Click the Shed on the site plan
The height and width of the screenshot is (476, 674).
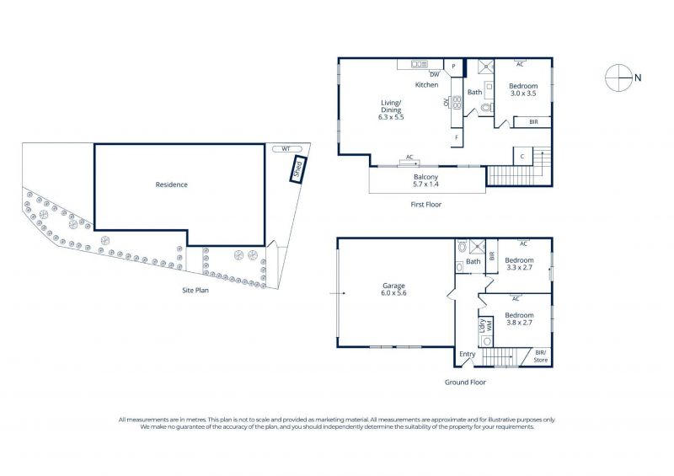click(x=298, y=169)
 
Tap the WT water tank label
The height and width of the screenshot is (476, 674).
click(x=286, y=149)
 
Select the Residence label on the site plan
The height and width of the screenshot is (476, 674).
click(x=172, y=185)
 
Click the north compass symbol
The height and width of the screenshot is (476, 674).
click(x=619, y=78)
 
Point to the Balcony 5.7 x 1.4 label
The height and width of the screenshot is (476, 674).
click(x=426, y=180)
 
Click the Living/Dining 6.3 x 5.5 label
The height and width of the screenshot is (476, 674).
click(x=391, y=110)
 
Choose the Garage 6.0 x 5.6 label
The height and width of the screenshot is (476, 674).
click(x=393, y=289)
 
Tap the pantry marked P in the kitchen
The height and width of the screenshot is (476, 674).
click(x=453, y=67)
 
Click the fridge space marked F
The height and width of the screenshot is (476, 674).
click(x=457, y=137)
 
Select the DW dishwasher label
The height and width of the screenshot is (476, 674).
click(x=435, y=74)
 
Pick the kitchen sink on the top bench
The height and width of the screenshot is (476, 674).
click(x=419, y=65)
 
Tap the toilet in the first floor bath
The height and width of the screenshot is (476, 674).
click(x=487, y=108)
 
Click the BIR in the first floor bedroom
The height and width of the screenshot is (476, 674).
click(x=533, y=122)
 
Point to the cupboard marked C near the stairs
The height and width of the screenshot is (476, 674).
click(x=522, y=157)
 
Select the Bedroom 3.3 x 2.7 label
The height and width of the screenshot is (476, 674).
click(x=519, y=264)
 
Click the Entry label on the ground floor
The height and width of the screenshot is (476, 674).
click(x=468, y=354)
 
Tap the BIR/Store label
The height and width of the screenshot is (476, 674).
click(x=541, y=356)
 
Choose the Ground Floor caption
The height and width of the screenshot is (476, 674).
click(x=465, y=382)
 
